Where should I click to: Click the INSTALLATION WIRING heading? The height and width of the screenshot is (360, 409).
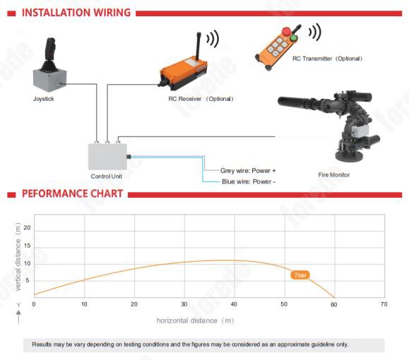(x=76, y=13)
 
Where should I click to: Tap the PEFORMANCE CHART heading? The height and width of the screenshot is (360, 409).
(x=72, y=193)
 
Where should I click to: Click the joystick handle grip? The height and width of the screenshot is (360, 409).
(x=51, y=48)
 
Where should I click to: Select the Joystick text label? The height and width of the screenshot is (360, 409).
(x=44, y=99)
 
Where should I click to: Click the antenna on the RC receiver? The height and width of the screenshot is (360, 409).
(x=198, y=45)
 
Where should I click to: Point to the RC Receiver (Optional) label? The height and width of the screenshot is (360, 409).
(x=201, y=99)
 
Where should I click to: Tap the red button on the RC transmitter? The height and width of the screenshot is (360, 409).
(x=286, y=31)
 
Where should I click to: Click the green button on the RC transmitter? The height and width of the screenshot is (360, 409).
(x=294, y=38)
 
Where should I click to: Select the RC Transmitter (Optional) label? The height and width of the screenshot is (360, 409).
(x=327, y=59)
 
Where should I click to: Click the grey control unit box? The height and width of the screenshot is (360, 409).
(x=107, y=157)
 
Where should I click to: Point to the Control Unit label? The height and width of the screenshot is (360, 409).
(x=106, y=176)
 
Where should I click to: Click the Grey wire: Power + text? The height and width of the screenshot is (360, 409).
(x=248, y=171)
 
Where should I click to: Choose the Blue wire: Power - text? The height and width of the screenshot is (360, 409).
(x=249, y=181)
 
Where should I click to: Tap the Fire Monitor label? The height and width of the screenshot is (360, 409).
(x=334, y=175)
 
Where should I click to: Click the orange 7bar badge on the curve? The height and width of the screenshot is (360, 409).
(x=300, y=275)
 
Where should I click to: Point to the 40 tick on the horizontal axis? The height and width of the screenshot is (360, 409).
(x=234, y=304)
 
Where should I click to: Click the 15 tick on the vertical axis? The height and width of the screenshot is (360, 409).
(x=27, y=246)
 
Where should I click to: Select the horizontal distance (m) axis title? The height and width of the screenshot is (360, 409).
(x=195, y=320)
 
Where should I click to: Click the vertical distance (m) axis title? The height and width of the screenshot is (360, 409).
(x=18, y=257)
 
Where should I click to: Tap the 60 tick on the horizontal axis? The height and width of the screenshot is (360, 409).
(x=334, y=304)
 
